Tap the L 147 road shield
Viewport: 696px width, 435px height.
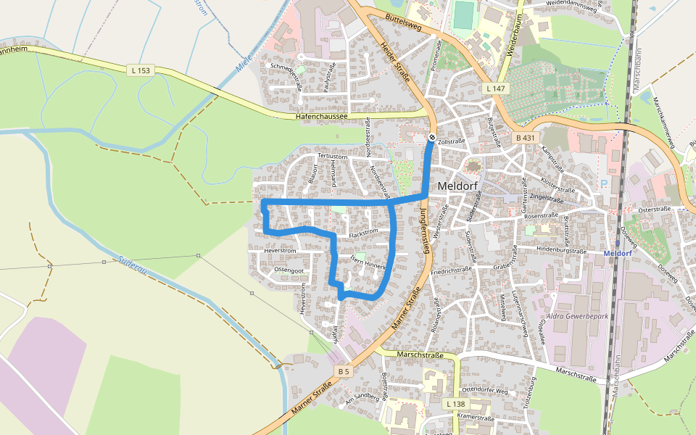coord(495,88)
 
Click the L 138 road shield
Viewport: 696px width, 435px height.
coord(455,403)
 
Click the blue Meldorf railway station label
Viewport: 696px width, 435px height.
coord(618,254)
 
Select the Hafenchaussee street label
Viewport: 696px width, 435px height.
coord(322,116)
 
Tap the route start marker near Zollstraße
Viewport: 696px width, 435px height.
coord(432,137)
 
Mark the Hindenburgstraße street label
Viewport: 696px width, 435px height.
coord(560,249)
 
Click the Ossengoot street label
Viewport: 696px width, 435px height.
coord(289,270)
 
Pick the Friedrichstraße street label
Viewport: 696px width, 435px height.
coord(451,273)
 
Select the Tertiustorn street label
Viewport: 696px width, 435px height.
coord(333,156)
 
